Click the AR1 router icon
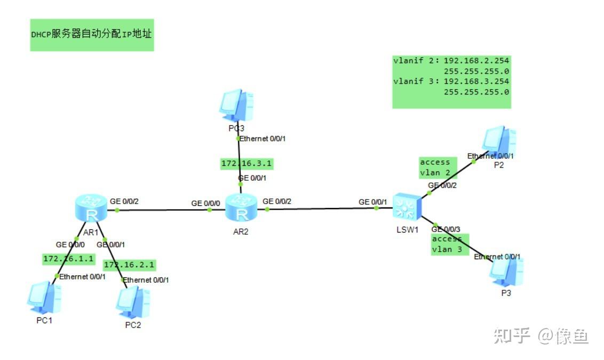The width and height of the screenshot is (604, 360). click(91, 208)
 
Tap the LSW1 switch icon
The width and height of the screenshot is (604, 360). click(407, 207)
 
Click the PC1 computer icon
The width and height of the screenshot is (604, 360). click(44, 298)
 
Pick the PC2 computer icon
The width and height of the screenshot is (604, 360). click(133, 303)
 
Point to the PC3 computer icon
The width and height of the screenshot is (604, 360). click(236, 106)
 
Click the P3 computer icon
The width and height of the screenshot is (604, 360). click(506, 271)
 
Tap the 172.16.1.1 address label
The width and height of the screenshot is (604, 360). click(69, 259)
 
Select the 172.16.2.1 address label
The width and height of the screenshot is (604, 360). click(130, 265)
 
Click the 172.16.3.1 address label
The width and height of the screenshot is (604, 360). click(247, 164)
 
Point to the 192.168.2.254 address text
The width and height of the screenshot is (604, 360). click(476, 60)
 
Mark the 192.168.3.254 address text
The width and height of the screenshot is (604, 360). click(476, 81)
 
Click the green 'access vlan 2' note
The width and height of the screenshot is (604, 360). click(438, 167)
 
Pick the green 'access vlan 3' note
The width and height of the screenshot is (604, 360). click(450, 244)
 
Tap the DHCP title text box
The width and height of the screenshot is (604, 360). click(92, 35)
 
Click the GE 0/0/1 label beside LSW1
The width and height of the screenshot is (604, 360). click(372, 202)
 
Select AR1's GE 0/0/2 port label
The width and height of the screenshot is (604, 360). click(124, 202)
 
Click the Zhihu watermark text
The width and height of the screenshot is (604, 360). click(541, 336)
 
